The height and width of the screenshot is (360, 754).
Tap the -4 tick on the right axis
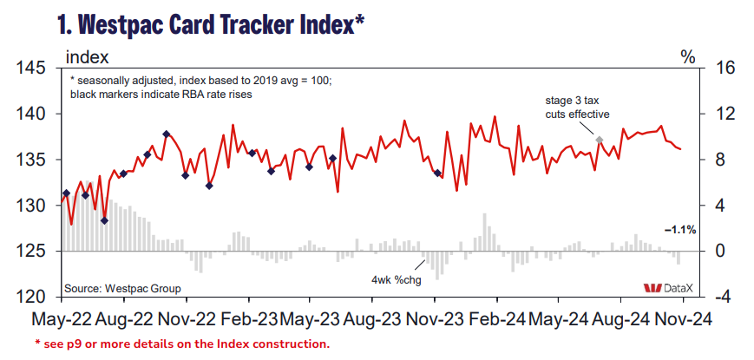723,297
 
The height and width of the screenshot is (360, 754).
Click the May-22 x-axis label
64,319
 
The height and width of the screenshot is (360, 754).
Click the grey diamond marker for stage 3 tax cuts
600,139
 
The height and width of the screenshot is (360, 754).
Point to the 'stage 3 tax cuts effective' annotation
577,108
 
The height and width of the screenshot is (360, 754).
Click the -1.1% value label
680,230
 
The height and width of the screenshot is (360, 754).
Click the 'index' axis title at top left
87,57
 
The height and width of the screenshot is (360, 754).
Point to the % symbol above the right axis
688,57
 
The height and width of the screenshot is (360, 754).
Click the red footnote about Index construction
181,344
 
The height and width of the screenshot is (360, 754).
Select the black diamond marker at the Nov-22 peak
166,134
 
